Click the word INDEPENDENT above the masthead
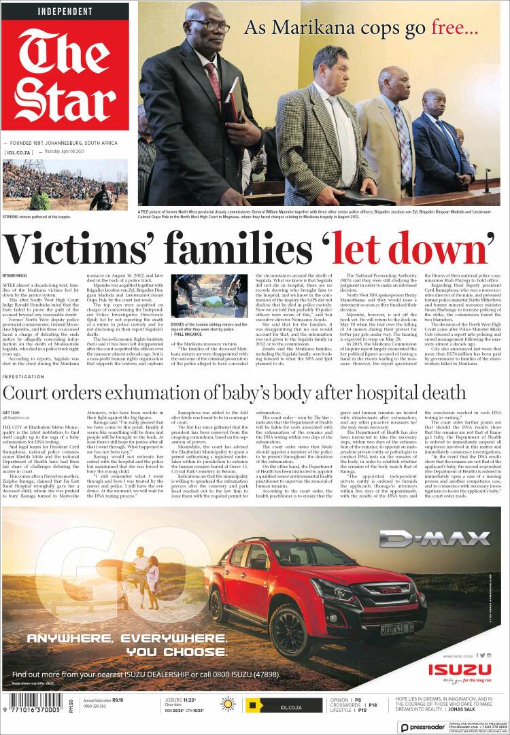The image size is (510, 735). point(65,12)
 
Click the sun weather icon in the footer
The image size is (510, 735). point(228,704)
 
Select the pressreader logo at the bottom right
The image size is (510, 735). point(423,727)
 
